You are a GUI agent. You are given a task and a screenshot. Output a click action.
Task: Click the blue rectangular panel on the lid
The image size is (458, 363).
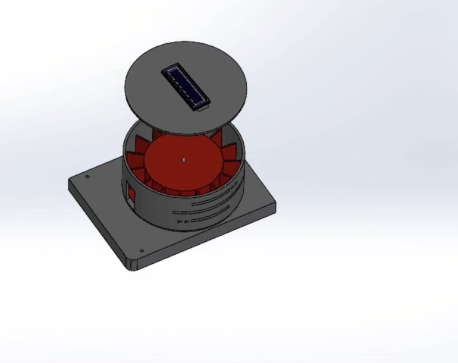pos(185,86)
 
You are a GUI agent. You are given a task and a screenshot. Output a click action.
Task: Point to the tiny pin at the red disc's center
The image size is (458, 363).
pos(184,160)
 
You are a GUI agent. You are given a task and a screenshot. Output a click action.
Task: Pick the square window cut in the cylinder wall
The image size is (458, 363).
pos(131,195)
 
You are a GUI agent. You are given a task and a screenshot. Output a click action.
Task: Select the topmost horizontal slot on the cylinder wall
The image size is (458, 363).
pos(219,195)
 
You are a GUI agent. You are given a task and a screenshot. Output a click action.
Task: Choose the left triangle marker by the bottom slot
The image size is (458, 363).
pos(180,221)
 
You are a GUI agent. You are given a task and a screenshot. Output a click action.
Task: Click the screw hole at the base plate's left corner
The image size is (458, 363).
pos(88,177)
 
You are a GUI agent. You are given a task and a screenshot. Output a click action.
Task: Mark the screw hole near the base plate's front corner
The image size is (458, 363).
pos(141,251)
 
